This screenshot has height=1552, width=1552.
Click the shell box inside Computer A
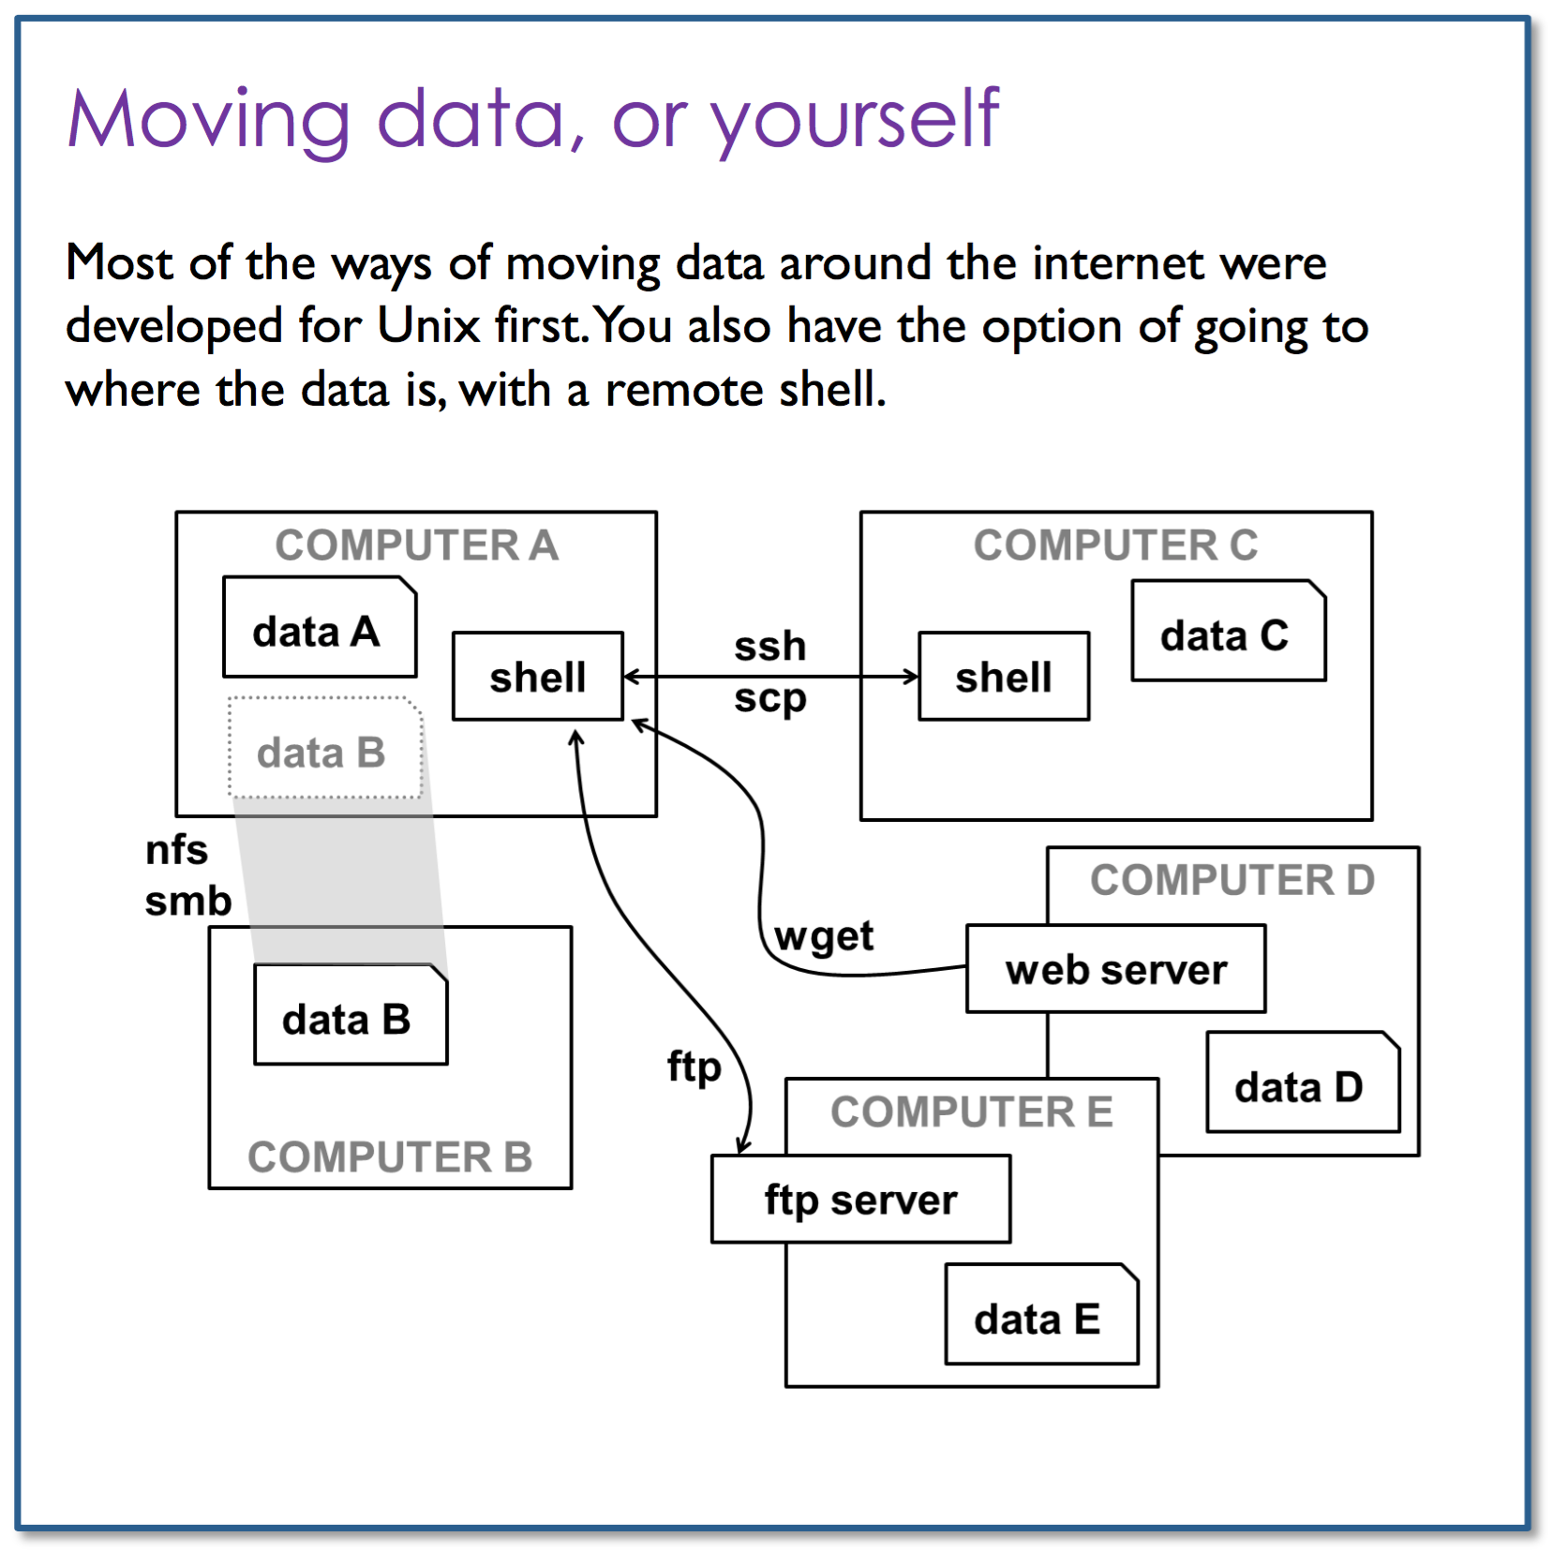[538, 676]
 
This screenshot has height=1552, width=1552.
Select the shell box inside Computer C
[1004, 676]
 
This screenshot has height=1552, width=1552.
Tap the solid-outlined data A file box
[320, 627]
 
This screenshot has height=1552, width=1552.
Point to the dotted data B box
[325, 748]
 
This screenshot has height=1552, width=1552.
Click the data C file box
[1229, 631]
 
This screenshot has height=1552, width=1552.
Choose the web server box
[1116, 969]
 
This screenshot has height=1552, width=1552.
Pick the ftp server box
[861, 1199]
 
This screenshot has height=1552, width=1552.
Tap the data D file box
[1303, 1082]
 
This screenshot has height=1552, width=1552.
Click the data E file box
[1042, 1314]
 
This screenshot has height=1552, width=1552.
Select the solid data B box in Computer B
[351, 1015]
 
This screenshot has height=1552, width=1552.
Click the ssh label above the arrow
[769, 646]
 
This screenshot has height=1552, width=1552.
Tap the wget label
[824, 936]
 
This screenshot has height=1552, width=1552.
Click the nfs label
[176, 850]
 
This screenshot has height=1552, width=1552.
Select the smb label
[187, 901]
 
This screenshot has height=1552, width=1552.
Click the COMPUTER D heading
[1232, 880]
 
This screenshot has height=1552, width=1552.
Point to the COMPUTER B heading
[390, 1157]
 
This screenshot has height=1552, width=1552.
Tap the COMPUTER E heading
[972, 1112]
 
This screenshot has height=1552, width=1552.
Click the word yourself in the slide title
[856, 122]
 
